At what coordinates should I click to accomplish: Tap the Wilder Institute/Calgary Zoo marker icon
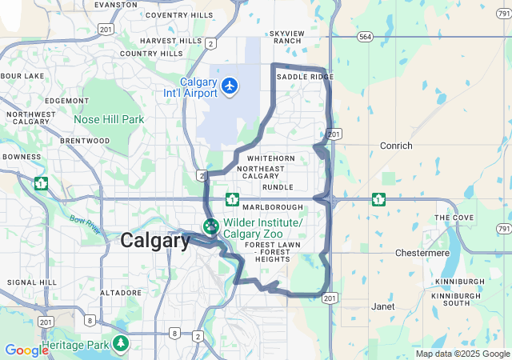[211, 227]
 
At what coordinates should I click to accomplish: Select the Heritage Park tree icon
[120, 344]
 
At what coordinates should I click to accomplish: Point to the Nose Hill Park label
[109, 119]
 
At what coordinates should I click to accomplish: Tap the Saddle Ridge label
[305, 77]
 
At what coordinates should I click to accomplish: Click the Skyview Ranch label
[286, 37]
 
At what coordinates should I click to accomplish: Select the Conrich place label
[397, 146]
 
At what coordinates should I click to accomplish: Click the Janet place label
[383, 306]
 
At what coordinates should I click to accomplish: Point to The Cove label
[454, 218]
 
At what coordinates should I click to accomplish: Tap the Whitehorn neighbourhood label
[271, 158]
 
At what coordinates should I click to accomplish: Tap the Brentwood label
[84, 141]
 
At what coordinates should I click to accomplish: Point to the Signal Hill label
[32, 282]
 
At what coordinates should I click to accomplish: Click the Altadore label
[120, 293]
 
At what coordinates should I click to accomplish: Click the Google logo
[26, 350]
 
